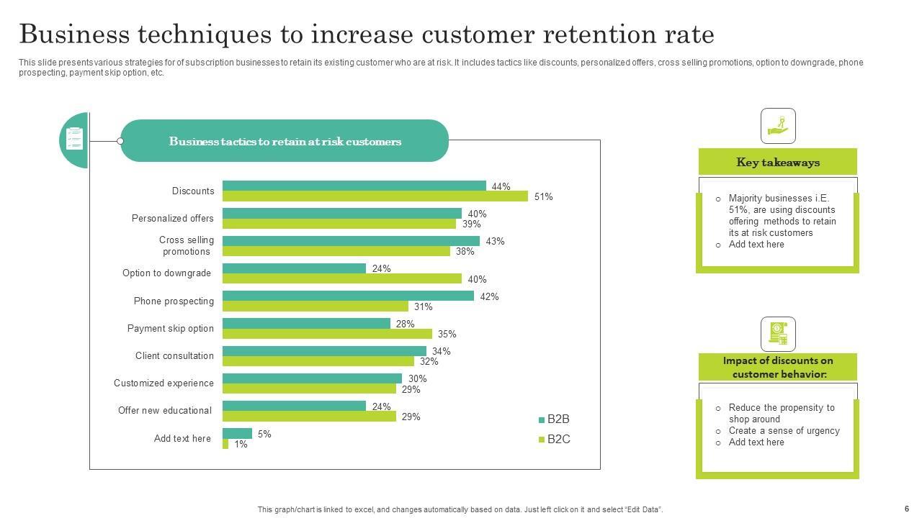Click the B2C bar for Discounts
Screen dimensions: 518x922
375,196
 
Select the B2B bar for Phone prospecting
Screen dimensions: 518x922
348,296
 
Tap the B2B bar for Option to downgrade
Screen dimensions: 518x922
294,268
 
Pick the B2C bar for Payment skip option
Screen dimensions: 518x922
327,334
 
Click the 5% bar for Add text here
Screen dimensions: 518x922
237,433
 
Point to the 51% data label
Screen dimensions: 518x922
543,197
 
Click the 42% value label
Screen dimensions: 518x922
489,296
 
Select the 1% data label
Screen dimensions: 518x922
241,445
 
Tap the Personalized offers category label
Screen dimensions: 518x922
172,219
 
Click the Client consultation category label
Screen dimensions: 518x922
174,356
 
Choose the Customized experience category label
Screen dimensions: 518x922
164,383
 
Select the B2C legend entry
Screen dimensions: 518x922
554,440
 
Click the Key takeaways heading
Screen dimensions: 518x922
778,163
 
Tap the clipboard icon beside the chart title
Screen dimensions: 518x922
74,139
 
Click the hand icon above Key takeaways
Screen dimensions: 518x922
778,126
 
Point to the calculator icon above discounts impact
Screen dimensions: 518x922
778,335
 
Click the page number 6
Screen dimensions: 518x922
907,509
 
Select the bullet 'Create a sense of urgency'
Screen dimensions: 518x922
784,431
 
